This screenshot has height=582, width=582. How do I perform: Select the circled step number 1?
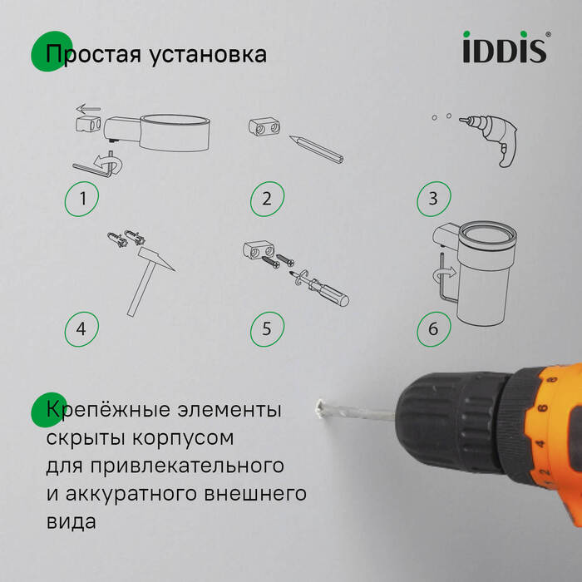click(x=81, y=200)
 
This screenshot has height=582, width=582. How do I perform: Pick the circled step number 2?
click(x=267, y=200)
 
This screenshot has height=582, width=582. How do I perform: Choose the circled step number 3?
click(x=433, y=200)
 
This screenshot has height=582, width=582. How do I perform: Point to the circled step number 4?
click(x=81, y=328)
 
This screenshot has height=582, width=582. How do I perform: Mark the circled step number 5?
click(x=267, y=328)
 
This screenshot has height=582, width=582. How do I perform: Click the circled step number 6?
click(x=433, y=328)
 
